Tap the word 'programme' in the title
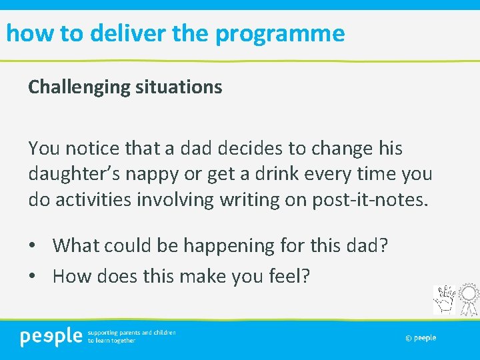point(280,33)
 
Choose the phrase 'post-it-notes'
point(367,199)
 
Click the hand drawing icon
point(445,300)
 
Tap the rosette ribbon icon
point(469,299)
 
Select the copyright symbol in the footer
point(408,338)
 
